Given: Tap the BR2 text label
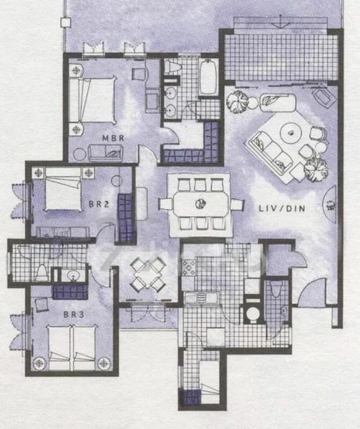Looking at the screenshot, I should (x=98, y=203).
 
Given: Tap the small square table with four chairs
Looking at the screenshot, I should (x=150, y=274).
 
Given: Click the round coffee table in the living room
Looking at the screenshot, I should (x=291, y=132).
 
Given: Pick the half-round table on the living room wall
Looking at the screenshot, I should (x=329, y=206).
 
